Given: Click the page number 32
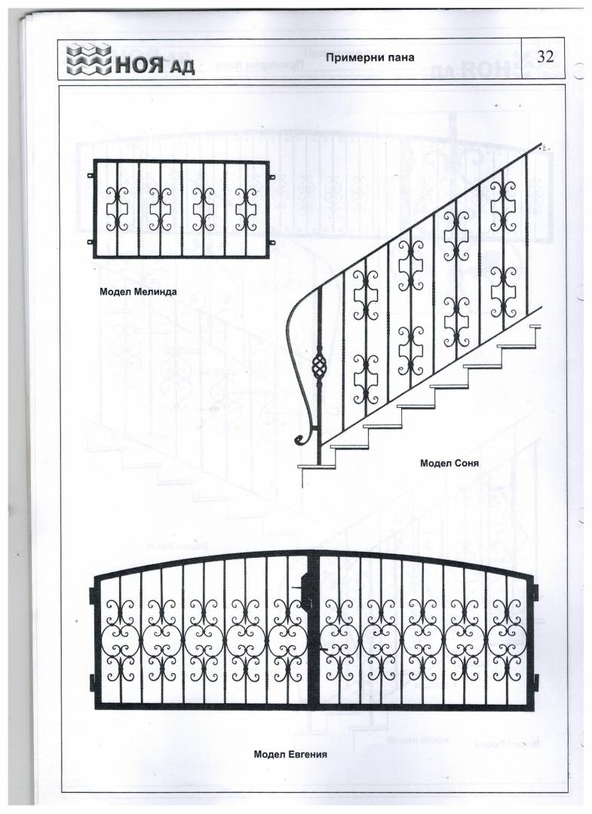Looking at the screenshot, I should pyautogui.click(x=545, y=57).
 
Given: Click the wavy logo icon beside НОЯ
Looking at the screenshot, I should pyautogui.click(x=90, y=60).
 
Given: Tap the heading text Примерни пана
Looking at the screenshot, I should pyautogui.click(x=370, y=57).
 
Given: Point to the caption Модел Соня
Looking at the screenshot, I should pyautogui.click(x=449, y=463).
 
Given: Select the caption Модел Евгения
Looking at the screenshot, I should pyautogui.click(x=290, y=753).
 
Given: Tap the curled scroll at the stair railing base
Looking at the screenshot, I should pyautogui.click(x=303, y=438).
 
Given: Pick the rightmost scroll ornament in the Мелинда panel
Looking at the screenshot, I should pyautogui.click(x=245, y=207).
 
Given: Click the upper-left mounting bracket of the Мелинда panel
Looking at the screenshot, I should pyautogui.click(x=90, y=176).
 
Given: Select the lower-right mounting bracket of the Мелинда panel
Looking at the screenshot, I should pyautogui.click(x=271, y=242).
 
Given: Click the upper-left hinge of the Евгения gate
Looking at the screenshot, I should pyautogui.click(x=94, y=596).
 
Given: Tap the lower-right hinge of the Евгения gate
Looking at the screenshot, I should pyautogui.click(x=535, y=684).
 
